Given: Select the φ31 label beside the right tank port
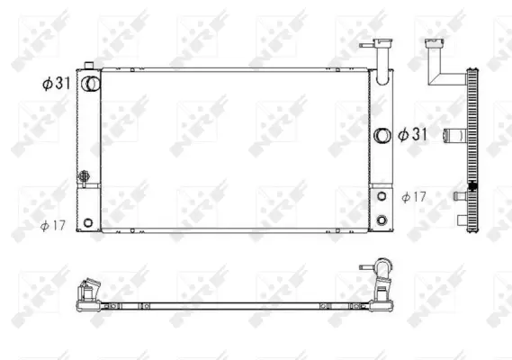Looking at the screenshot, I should [414, 134].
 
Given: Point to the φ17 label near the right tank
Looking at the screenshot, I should [414, 196].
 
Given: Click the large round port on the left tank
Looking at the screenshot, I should [90, 83].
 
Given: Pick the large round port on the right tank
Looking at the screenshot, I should [382, 135].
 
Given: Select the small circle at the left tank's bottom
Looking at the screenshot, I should [87, 221].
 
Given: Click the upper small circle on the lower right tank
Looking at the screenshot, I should [382, 196].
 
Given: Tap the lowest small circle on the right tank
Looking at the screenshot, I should [382, 220].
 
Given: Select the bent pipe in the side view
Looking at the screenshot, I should [442, 63].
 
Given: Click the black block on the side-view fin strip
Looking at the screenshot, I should [473, 186].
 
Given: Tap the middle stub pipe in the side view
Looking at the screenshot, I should [461, 194].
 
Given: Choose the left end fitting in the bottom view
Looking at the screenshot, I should [90, 292].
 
